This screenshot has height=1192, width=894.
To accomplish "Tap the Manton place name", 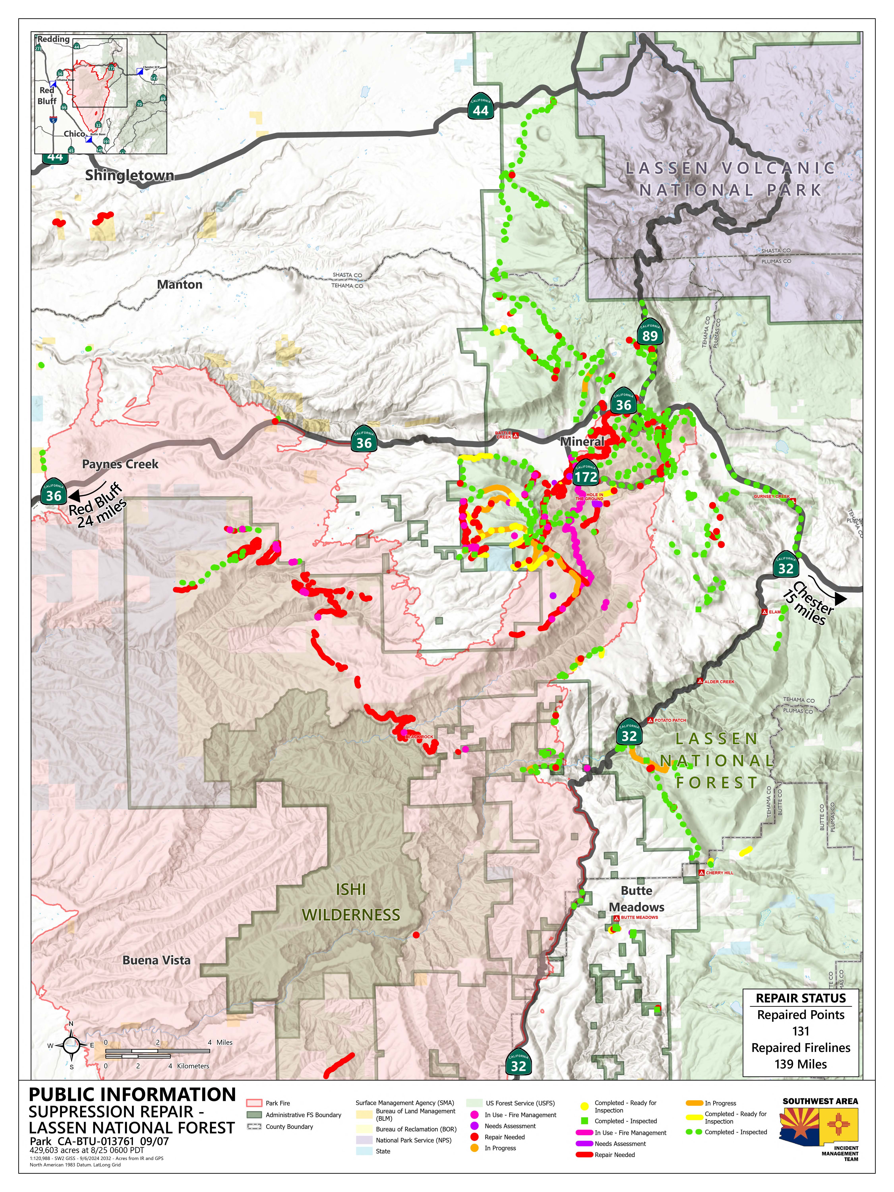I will (179, 284).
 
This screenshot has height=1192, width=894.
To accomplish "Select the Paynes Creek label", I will (120, 464).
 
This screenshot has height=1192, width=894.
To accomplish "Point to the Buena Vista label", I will (156, 960).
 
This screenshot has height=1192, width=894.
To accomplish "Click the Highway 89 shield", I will (650, 335).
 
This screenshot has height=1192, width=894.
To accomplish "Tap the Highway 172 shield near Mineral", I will (586, 475).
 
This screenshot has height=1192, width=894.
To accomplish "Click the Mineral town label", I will (582, 441).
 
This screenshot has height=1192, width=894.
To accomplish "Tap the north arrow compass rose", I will (71, 1045).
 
